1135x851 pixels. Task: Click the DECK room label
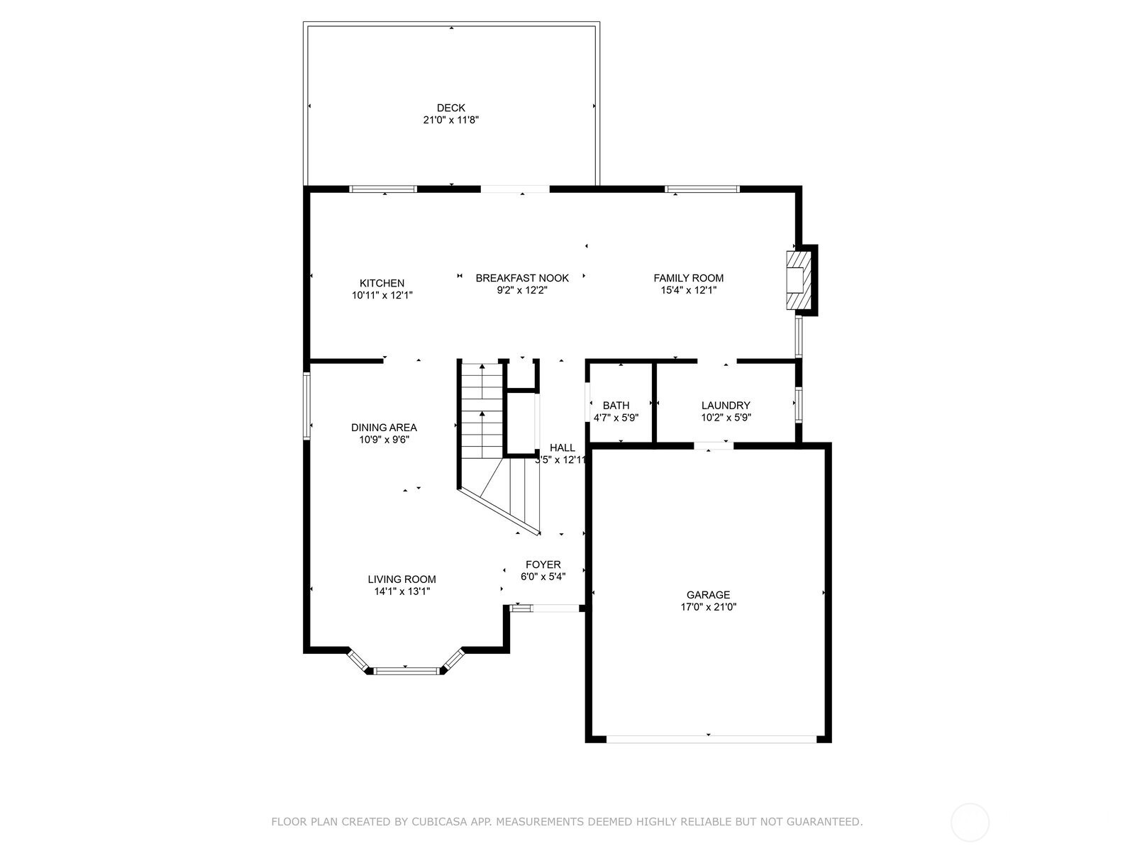[x=451, y=108]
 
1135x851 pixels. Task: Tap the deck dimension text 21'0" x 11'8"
[x=451, y=121]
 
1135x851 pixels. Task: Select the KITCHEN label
[x=382, y=283]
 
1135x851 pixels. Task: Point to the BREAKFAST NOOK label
[x=522, y=278]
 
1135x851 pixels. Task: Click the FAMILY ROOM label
[x=688, y=278]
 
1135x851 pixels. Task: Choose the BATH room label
[x=616, y=406]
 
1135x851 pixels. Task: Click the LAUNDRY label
[x=726, y=406]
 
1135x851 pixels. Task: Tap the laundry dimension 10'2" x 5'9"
[x=726, y=418]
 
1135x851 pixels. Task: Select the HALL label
[x=563, y=447]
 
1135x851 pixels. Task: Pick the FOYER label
[x=543, y=564]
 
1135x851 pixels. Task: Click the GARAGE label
[x=708, y=595]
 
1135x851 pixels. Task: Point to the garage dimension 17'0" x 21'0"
[x=708, y=607]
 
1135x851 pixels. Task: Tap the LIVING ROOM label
[x=402, y=579]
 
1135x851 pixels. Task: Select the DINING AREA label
[x=384, y=428]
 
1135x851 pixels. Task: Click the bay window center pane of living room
[x=406, y=670]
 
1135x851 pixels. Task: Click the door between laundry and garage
[x=713, y=445]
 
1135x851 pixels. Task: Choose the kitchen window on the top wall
[x=383, y=189]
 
